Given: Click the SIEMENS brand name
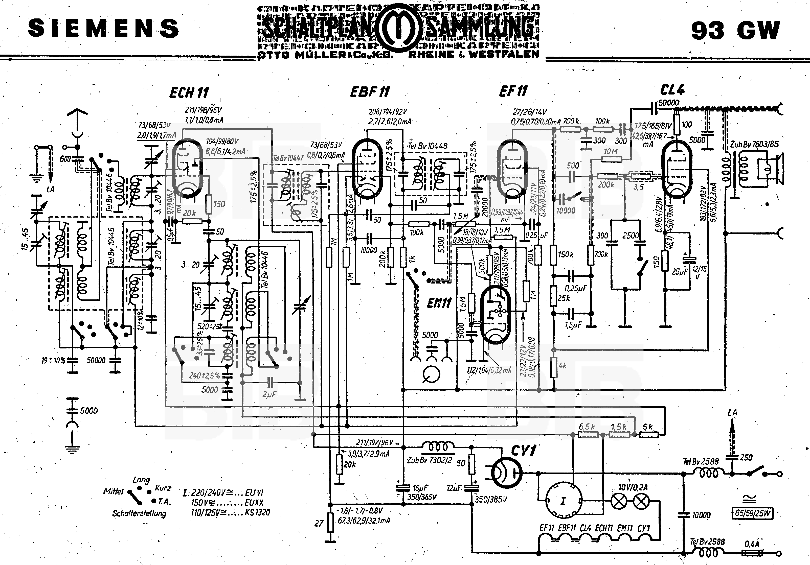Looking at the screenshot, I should point(103,28).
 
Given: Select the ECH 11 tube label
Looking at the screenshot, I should point(189,93).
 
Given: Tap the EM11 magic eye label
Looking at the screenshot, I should point(439,303).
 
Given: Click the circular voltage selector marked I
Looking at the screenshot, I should point(564,501).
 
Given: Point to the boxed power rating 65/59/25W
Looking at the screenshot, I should point(753,513).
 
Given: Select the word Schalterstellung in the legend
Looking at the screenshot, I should point(139,513).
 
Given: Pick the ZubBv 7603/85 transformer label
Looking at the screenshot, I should point(754,144).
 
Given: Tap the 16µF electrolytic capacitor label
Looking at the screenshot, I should point(420,488).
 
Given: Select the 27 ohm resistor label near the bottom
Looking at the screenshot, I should point(319,523).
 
